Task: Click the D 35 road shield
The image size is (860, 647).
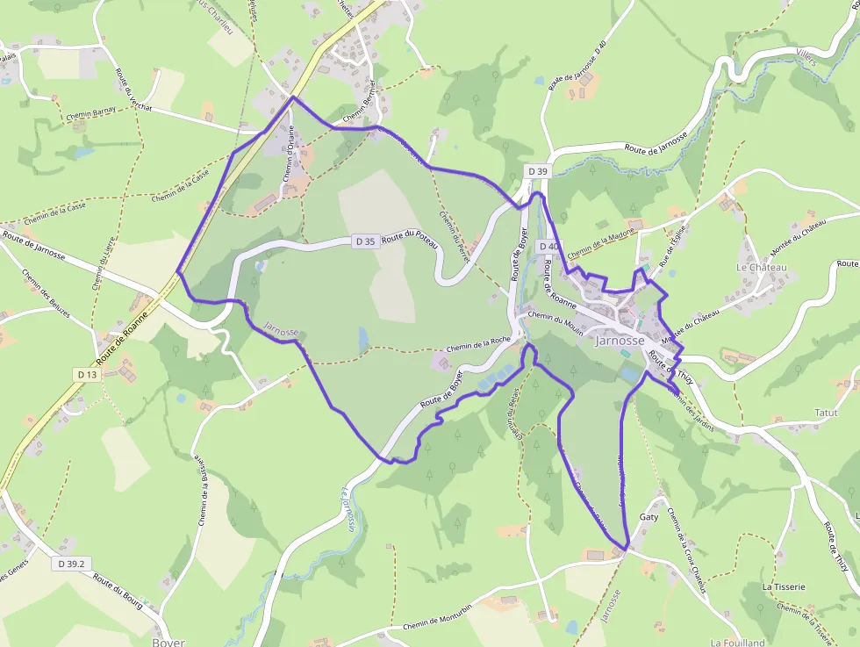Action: (366, 241)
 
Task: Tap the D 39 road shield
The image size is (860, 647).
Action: (538, 170)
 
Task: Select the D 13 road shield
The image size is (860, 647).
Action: (86, 375)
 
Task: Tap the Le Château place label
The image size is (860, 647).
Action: (762, 267)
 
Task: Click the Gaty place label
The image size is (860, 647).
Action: (649, 517)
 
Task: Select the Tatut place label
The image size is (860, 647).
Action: (826, 412)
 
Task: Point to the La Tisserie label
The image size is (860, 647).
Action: (784, 586)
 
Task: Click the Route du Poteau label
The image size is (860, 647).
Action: (409, 236)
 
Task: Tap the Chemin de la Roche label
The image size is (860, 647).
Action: (478, 344)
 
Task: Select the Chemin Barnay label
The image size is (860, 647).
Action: (91, 114)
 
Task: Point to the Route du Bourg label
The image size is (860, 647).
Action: (118, 593)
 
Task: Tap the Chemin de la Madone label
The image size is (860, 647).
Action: (601, 244)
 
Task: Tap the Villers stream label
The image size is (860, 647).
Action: (805, 60)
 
